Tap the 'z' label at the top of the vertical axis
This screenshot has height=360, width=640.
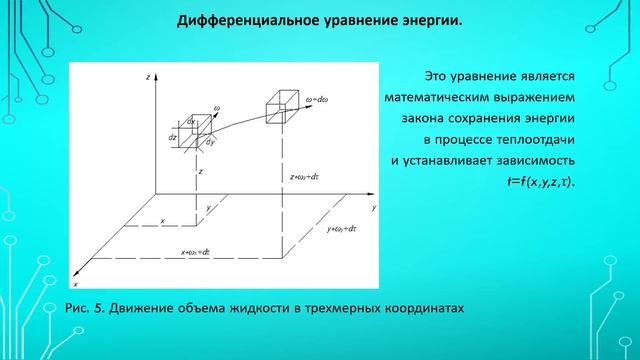(x=147, y=76)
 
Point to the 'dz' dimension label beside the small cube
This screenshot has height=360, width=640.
(x=173, y=138)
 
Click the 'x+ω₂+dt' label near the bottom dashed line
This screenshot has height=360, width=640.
(x=196, y=253)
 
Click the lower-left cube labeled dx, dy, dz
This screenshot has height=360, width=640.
(x=193, y=129)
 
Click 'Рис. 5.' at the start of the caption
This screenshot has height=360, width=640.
(x=84, y=308)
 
